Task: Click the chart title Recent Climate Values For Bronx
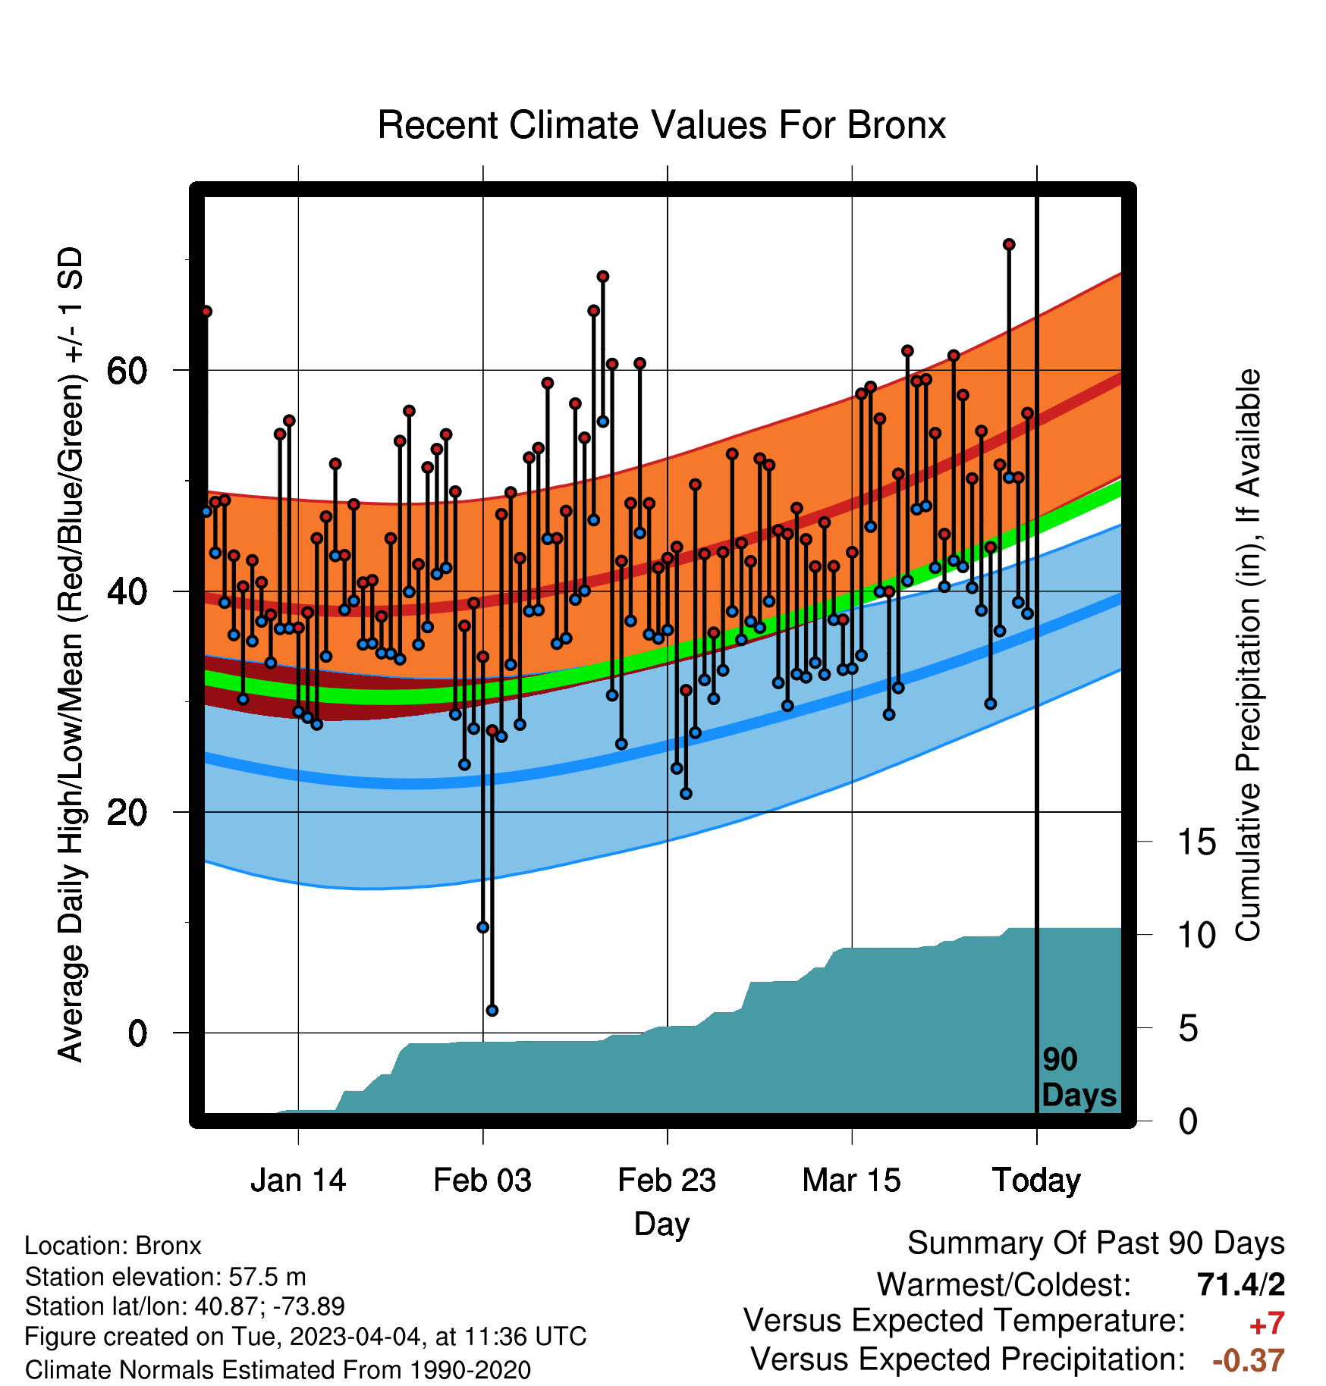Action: coord(661,125)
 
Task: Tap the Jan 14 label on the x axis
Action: coord(298,1181)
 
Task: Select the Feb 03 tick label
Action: coord(482,1181)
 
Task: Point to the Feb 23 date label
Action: coord(667,1181)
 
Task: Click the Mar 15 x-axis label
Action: coord(851,1181)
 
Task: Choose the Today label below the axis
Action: coord(1036,1181)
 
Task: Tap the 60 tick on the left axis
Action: coord(127,371)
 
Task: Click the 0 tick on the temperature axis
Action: coord(137,1033)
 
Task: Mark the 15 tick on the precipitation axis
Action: coord(1197,842)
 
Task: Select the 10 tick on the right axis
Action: coord(1197,935)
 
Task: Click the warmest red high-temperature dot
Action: coord(1009,244)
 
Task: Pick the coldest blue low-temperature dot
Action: coord(492,1010)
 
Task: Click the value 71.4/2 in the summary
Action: coord(1241,1284)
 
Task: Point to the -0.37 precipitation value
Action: coord(1249,1360)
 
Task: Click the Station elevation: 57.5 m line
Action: coord(165,1277)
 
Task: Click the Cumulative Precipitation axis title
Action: coord(1248,655)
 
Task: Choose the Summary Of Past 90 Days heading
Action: coord(1096,1243)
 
